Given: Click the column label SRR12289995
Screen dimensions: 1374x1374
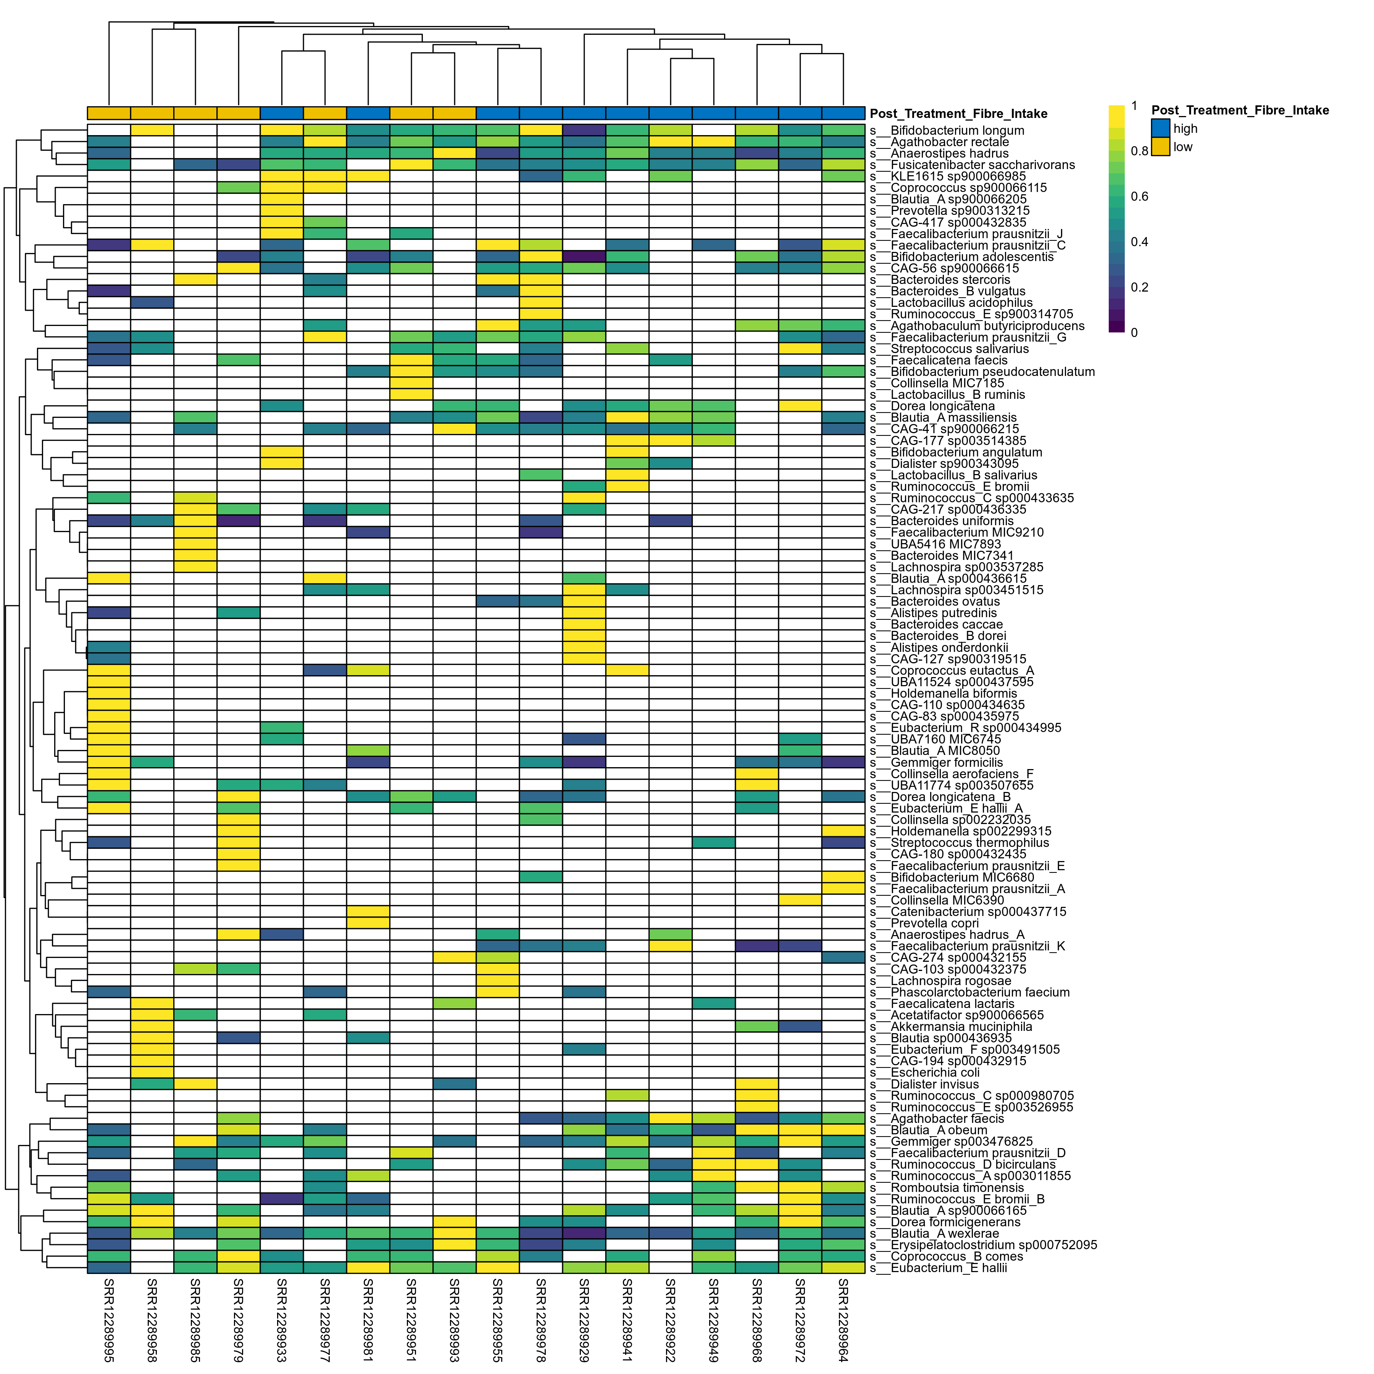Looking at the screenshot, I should coord(109,1320).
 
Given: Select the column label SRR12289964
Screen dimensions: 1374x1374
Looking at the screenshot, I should coord(843,1320).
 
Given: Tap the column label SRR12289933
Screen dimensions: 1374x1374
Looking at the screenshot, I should coord(282,1320).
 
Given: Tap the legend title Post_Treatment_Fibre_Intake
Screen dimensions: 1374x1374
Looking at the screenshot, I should coord(1240,110).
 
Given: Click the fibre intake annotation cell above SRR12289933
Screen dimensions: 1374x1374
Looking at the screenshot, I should coord(282,113).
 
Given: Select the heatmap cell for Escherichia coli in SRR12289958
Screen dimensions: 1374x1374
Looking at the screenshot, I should coord(152,1072).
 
